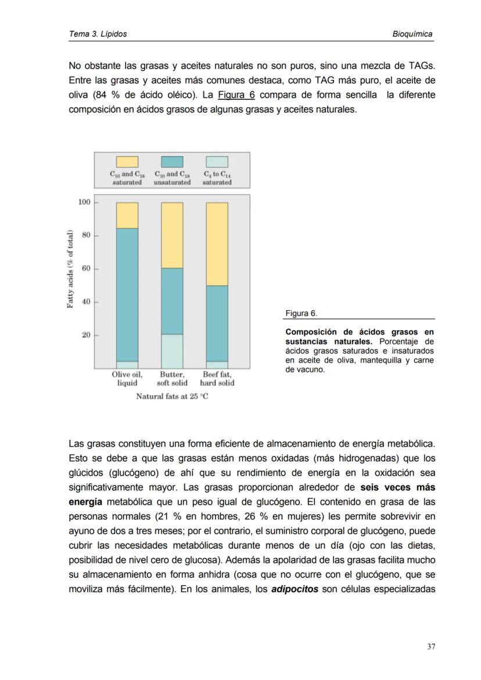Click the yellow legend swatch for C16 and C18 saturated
click(127, 162)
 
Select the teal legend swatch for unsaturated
click(172, 162)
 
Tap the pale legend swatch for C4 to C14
click(217, 162)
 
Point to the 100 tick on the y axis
click(84, 202)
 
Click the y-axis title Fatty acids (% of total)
click(70, 269)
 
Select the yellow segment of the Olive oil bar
click(127, 215)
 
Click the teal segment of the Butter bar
click(172, 301)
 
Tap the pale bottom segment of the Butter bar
click(172, 351)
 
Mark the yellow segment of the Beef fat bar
click(217, 244)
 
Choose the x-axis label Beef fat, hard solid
click(217, 379)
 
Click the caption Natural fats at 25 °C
click(172, 397)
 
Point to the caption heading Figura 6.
click(301, 314)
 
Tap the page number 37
click(430, 646)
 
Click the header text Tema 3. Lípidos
click(98, 34)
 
